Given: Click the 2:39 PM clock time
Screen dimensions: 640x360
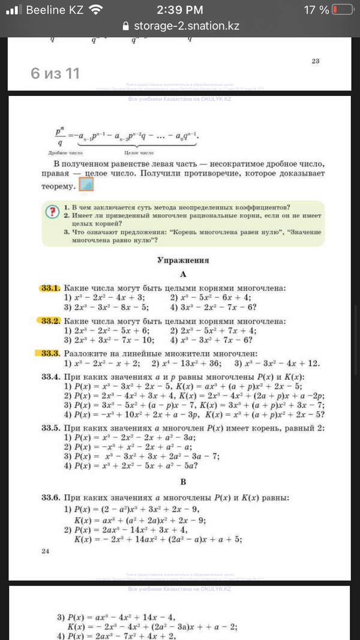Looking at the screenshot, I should (x=180, y=10).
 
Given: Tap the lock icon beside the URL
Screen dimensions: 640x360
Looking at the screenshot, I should (x=125, y=26).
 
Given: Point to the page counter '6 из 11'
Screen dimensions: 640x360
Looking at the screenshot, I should (x=55, y=73).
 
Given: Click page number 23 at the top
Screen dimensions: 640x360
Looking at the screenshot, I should (x=316, y=61).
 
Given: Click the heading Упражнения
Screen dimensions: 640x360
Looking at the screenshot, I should (x=182, y=260).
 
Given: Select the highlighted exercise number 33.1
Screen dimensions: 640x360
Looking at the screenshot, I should (x=52, y=288).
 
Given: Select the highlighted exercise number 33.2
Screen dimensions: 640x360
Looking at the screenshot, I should (x=52, y=321).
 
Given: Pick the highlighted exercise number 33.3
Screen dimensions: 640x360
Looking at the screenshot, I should (x=52, y=354).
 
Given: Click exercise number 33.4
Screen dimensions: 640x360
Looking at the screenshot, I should (x=52, y=376).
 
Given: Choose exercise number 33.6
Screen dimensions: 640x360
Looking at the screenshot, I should (x=52, y=498).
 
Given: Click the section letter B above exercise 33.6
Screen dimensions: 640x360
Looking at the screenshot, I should (x=183, y=482).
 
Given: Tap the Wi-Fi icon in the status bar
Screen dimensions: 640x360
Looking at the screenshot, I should (x=95, y=10).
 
